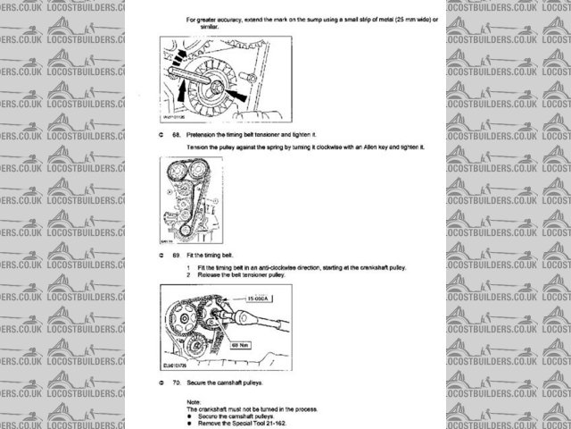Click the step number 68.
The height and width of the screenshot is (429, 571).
click(177, 132)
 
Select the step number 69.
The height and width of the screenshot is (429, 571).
click(177, 255)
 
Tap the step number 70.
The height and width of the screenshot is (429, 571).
click(177, 383)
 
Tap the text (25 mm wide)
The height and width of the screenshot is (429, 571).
click(393, 19)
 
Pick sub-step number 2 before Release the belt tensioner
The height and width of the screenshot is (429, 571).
click(188, 273)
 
